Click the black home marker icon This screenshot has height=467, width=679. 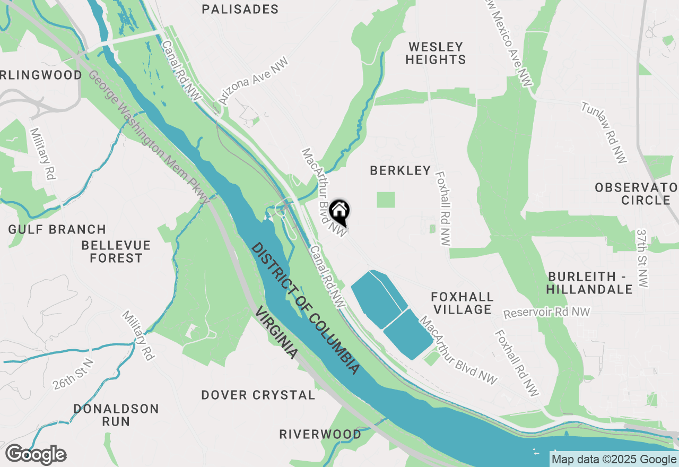[x=339, y=211]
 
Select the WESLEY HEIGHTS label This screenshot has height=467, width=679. [x=436, y=53]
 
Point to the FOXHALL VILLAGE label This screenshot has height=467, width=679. [x=463, y=302]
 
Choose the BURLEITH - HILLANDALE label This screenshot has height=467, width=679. [x=590, y=283]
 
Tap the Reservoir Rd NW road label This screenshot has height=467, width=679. [x=546, y=313]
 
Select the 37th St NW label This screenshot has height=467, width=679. [x=643, y=258]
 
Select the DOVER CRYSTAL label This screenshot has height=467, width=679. [x=258, y=395]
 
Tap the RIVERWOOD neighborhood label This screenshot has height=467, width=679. [x=320, y=434]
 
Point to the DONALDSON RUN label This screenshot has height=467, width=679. [x=116, y=415]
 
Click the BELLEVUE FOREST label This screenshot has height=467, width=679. [x=116, y=252]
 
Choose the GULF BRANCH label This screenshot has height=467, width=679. [x=57, y=229]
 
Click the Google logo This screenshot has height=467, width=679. [x=36, y=455]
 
